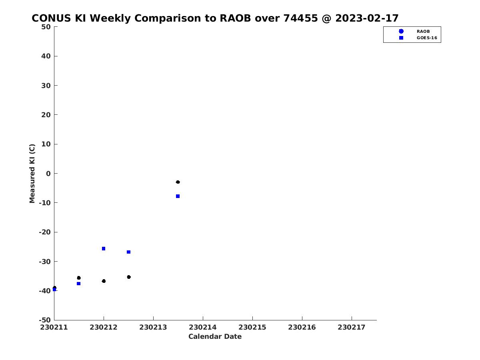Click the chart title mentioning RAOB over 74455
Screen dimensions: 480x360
215,18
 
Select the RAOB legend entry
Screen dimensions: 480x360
414,31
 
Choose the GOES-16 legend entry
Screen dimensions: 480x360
418,38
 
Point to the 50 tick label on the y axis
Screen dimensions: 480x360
46,27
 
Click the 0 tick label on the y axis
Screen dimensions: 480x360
48,174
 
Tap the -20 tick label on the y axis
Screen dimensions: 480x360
45,232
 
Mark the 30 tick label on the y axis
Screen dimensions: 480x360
46,86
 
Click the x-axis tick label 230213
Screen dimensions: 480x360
153,327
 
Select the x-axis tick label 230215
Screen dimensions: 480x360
252,327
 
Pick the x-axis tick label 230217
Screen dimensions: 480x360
352,327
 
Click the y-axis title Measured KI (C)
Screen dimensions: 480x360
32,174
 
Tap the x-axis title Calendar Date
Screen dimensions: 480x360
215,336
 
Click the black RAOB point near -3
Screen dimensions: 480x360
178,182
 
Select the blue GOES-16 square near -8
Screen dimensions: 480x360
178,196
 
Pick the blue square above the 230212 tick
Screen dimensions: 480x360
104,249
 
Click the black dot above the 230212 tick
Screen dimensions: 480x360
104,281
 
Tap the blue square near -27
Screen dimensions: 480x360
128,252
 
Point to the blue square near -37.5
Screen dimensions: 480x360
78,284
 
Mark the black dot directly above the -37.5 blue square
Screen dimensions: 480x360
79,278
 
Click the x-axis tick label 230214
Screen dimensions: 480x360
203,327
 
